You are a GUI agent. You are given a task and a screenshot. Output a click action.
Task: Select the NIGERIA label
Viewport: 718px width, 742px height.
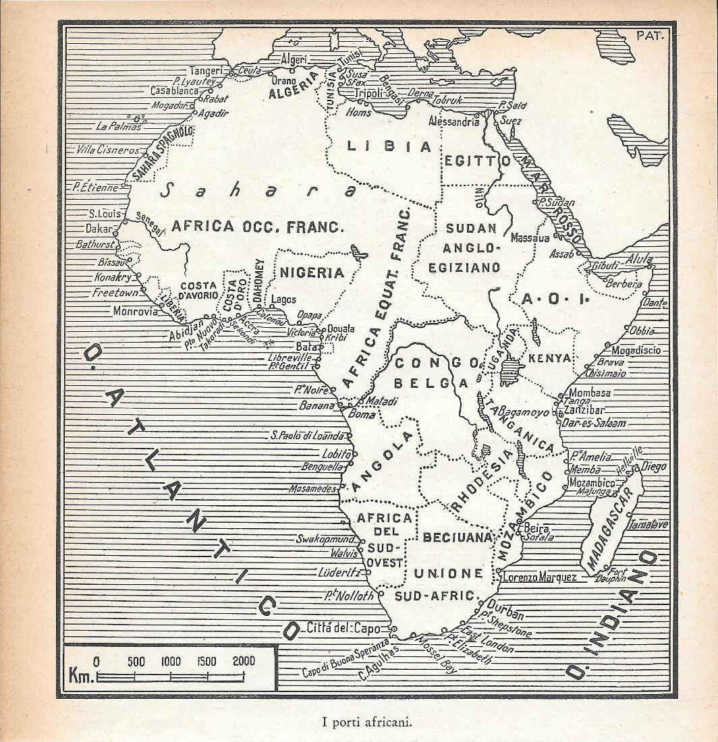pyautogui.click(x=312, y=273)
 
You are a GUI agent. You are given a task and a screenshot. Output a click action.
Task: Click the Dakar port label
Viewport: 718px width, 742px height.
pyautogui.click(x=99, y=229)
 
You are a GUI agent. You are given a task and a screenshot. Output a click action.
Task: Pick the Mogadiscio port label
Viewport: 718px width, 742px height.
pyautogui.click(x=636, y=350)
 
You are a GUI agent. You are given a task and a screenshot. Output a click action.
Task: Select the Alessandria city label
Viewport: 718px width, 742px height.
pyautogui.click(x=453, y=121)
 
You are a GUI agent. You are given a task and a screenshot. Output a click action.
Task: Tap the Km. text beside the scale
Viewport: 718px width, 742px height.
pyautogui.click(x=81, y=675)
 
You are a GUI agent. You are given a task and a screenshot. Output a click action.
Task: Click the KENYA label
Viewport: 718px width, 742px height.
pyautogui.click(x=549, y=358)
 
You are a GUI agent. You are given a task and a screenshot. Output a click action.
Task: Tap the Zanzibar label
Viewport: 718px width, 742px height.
pyautogui.click(x=586, y=409)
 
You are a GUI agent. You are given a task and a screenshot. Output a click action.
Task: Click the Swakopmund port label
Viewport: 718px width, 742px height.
pyautogui.click(x=325, y=539)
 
